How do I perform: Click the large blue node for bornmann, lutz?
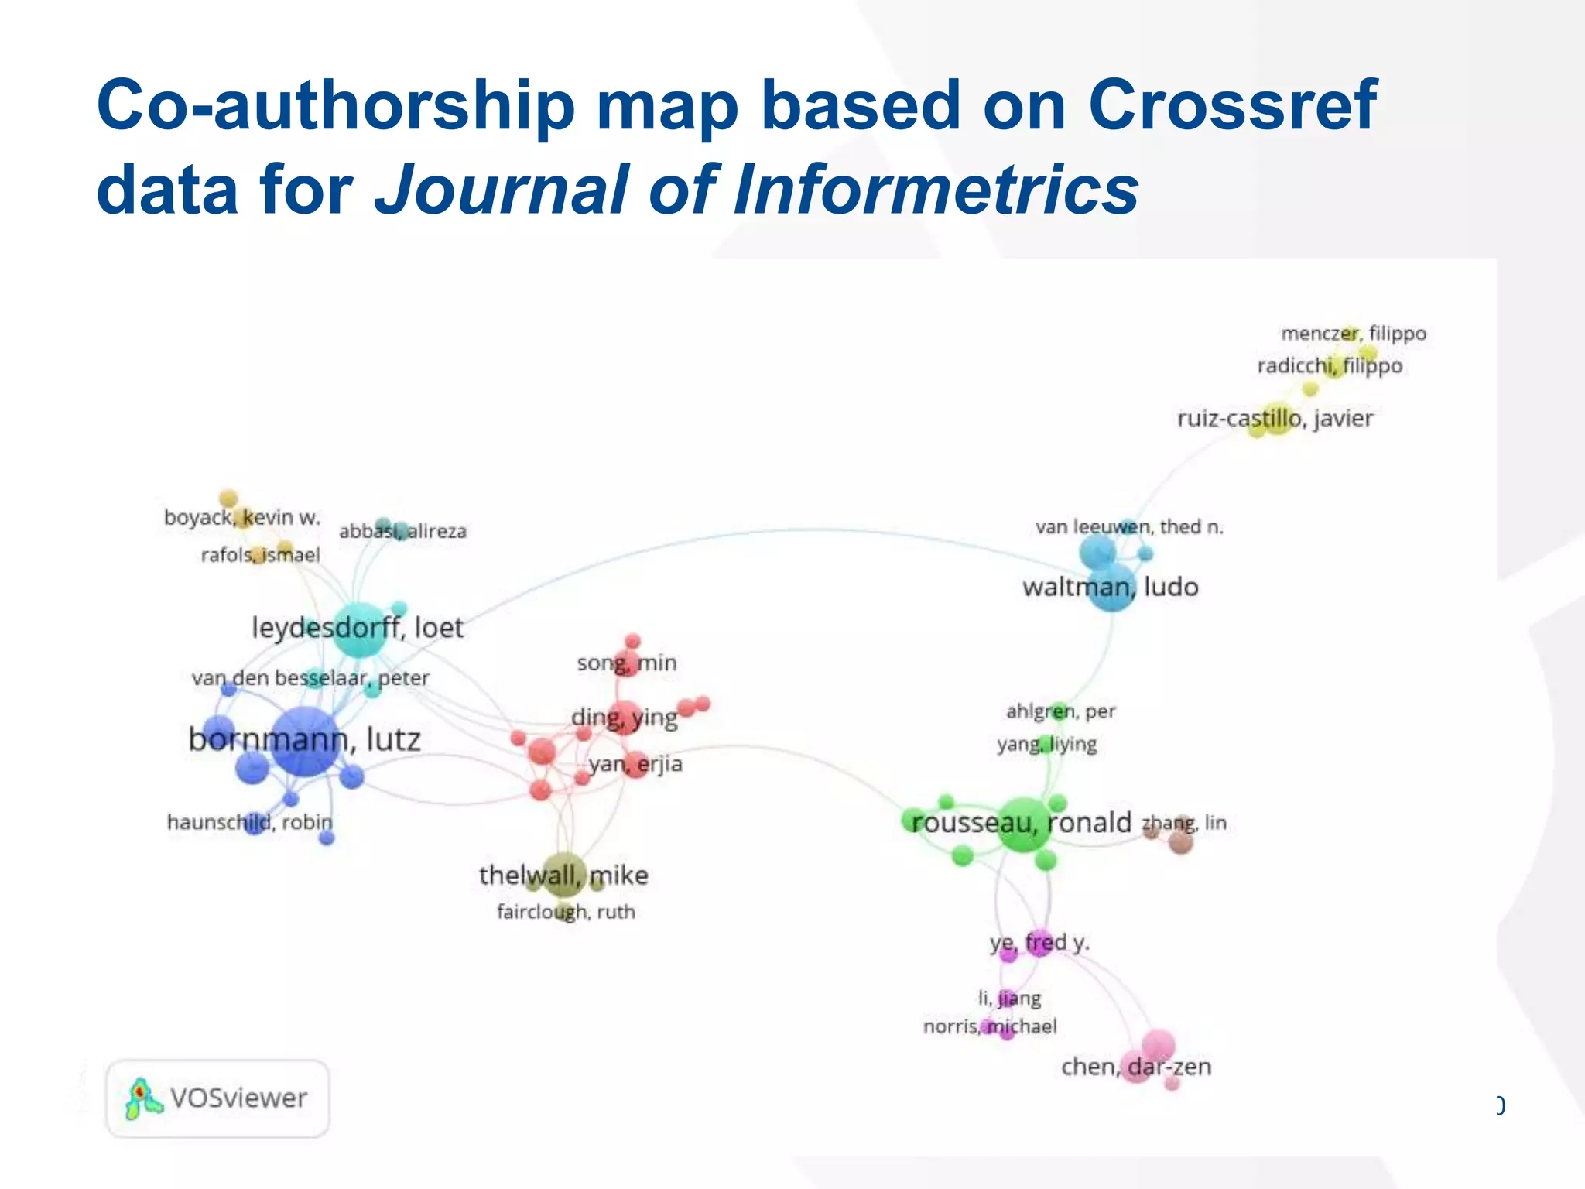click(306, 741)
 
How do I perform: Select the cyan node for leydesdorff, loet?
click(360, 628)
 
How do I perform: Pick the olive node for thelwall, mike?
click(564, 875)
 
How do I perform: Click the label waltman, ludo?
click(1110, 587)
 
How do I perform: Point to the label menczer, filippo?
click(1353, 334)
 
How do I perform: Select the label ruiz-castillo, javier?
click(1275, 419)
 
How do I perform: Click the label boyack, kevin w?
click(241, 517)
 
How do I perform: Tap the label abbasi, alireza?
click(402, 532)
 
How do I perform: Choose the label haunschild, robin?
click(249, 822)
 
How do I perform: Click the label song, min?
click(626, 663)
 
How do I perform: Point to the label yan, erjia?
click(635, 764)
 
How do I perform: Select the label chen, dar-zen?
click(1135, 1067)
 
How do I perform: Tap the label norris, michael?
click(989, 1026)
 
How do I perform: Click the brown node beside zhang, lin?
click(1180, 841)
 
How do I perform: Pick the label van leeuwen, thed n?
click(1129, 527)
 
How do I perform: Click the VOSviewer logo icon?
click(142, 1098)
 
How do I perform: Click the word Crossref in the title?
click(1232, 105)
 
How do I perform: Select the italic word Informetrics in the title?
click(936, 190)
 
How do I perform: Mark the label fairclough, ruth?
click(566, 912)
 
